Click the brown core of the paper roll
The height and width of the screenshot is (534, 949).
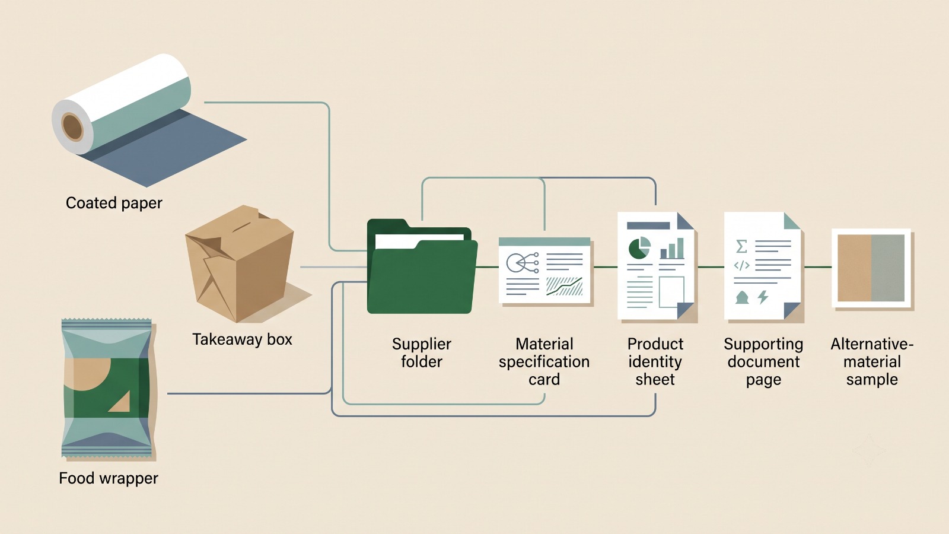[x=72, y=126]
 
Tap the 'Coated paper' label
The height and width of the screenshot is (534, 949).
[x=114, y=203]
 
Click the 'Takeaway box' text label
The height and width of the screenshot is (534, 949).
[x=243, y=339]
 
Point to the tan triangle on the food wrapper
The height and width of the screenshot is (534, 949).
[x=120, y=401]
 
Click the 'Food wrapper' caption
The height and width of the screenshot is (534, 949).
[x=109, y=478]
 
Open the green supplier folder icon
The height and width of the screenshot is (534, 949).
[x=422, y=266]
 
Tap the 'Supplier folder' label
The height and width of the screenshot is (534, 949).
[x=422, y=352]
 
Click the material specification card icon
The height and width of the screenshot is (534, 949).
[x=545, y=271]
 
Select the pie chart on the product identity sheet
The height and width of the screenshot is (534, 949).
[x=639, y=248]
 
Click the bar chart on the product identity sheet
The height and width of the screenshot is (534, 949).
[x=672, y=249]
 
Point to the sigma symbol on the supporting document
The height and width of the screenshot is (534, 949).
[x=741, y=246]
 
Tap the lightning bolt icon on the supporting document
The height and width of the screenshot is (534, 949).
[x=763, y=297]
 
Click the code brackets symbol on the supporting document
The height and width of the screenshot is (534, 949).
[x=741, y=265]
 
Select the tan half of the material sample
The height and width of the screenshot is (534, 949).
[x=855, y=268]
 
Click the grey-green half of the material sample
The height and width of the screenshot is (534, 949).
[x=888, y=268]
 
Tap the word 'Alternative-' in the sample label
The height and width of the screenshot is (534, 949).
[x=872, y=344]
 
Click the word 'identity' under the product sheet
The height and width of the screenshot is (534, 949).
[x=655, y=361]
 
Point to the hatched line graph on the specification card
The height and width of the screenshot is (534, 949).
[x=564, y=287]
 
